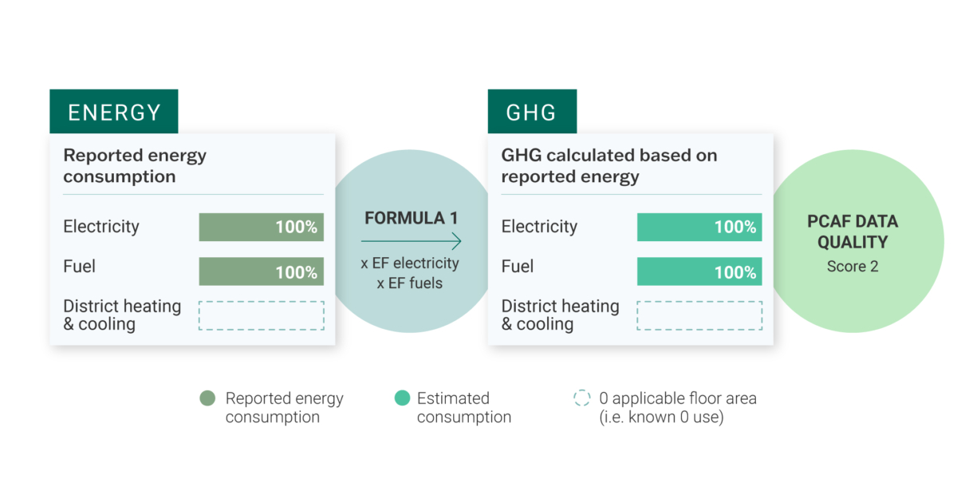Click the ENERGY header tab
click(x=113, y=111)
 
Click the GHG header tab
click(x=533, y=111)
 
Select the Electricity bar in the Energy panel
click(x=261, y=227)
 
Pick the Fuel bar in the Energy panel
click(x=261, y=271)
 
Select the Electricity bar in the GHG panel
click(x=699, y=227)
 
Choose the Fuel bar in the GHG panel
click(x=699, y=271)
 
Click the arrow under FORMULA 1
click(x=411, y=241)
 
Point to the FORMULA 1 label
click(x=411, y=218)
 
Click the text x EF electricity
click(x=410, y=263)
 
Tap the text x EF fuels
click(x=410, y=283)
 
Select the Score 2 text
click(x=853, y=267)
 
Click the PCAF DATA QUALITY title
click(x=853, y=232)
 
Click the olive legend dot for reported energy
click(x=207, y=398)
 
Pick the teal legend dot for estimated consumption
click(x=402, y=398)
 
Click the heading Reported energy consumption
click(x=135, y=166)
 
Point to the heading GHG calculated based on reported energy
click(x=609, y=166)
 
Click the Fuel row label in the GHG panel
click(x=518, y=267)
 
